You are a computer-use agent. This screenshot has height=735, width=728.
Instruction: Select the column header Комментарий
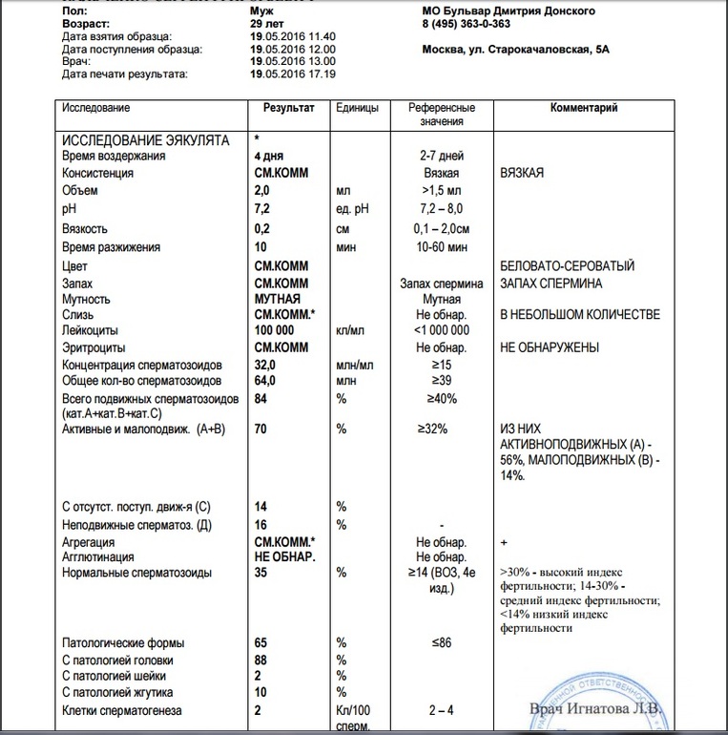click(584, 108)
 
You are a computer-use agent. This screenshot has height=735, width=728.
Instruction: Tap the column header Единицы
click(357, 108)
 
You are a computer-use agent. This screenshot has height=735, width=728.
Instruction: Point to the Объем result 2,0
click(262, 191)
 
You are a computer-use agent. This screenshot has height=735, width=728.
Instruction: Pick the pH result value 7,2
click(262, 209)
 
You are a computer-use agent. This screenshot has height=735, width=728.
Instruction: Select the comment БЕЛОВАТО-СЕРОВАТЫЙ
click(567, 266)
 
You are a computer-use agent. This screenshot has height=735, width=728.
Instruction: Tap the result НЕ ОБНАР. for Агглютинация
click(284, 556)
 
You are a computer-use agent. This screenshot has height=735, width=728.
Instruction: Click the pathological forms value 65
click(260, 642)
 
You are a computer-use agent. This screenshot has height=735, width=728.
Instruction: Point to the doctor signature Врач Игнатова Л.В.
click(595, 708)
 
